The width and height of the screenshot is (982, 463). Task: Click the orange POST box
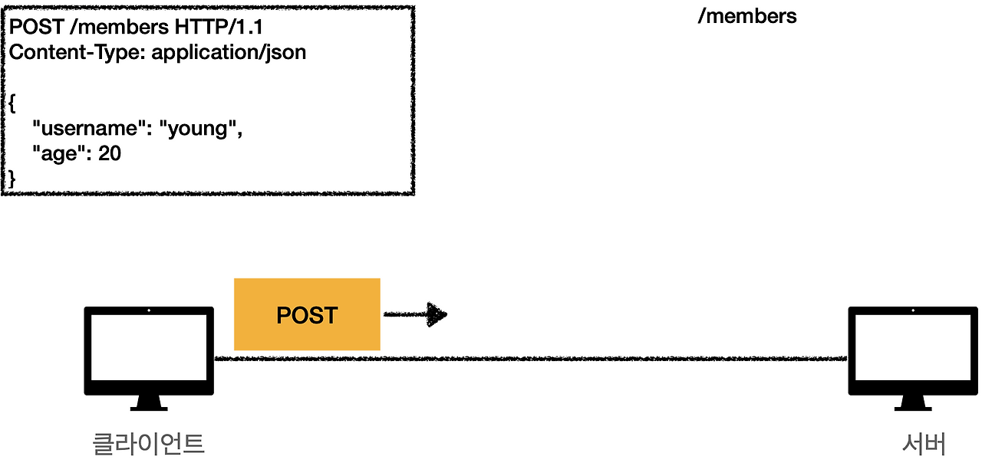tap(307, 314)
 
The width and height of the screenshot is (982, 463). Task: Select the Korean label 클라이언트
tap(149, 443)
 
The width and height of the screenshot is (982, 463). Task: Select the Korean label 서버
tap(924, 443)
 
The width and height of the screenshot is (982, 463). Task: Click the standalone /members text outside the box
tap(746, 16)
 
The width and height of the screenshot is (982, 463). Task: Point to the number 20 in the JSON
tap(110, 153)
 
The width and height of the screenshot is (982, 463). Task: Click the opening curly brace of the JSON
tap(12, 103)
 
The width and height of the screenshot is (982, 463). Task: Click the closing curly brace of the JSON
tap(12, 178)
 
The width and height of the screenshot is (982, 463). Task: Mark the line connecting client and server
tap(529, 358)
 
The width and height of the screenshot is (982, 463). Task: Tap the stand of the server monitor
tap(912, 403)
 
